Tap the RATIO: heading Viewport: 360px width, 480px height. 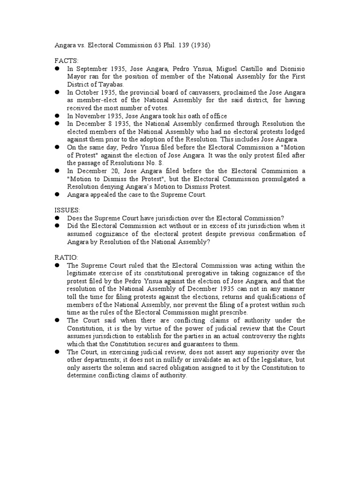65,257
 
